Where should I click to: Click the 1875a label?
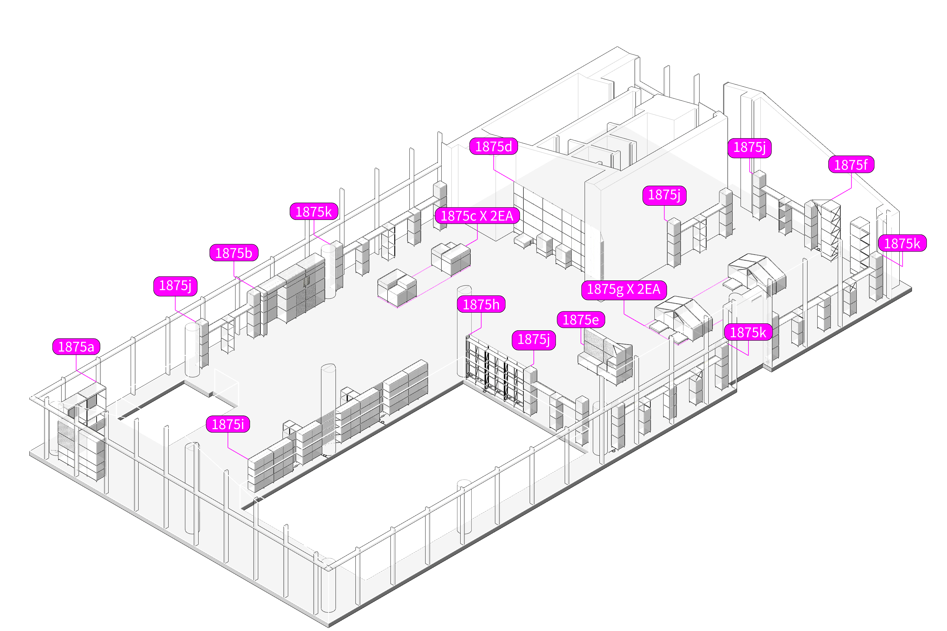coord(76,346)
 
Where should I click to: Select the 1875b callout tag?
coord(234,253)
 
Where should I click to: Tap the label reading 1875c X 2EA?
coord(477,216)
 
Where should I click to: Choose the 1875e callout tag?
coord(581,320)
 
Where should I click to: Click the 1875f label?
coord(851,165)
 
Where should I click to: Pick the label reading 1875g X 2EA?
coord(624,289)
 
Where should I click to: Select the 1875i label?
coord(228,424)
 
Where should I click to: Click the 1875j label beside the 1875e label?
coord(533,340)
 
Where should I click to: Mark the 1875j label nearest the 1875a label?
coord(175,286)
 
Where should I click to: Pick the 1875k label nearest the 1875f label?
coord(902,244)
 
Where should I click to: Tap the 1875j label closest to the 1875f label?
coord(749,147)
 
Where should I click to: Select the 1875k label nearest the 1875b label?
coord(314,212)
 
